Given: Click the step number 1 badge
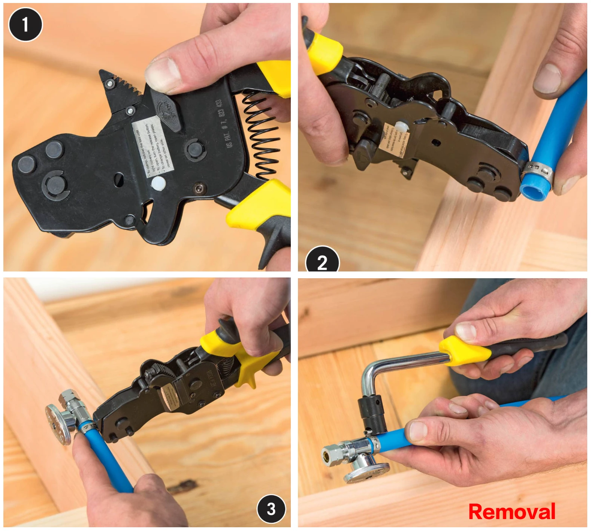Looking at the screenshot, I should (x=25, y=25).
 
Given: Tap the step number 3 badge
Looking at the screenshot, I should (x=271, y=509).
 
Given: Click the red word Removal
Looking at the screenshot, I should (x=511, y=512).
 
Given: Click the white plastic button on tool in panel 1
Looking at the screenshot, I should (x=158, y=183).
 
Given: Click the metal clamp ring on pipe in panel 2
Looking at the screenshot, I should (x=537, y=170).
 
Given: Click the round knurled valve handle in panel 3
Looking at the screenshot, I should (x=58, y=424).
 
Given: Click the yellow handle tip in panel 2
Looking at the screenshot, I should (x=325, y=52).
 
